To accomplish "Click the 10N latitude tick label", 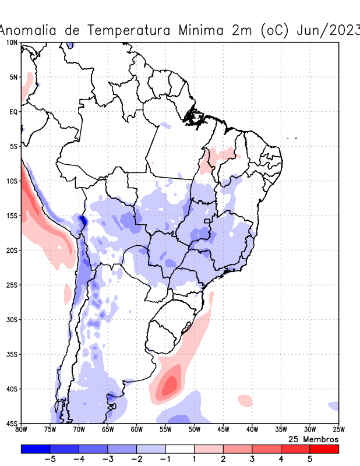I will (x=12, y=43).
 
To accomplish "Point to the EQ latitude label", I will (x=13, y=111).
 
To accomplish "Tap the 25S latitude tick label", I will (x=12, y=285).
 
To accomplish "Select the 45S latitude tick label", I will (x=12, y=423).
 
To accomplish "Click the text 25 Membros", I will (x=313, y=439).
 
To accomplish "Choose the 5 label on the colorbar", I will (x=310, y=459).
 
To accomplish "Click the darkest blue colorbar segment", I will (x=36, y=449).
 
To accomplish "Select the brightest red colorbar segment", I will (x=324, y=449).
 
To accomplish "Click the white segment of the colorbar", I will (x=180, y=449).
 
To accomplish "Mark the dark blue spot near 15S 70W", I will (x=82, y=220).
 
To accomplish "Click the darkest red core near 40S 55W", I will (x=170, y=384).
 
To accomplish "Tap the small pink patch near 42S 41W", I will (x=245, y=400).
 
